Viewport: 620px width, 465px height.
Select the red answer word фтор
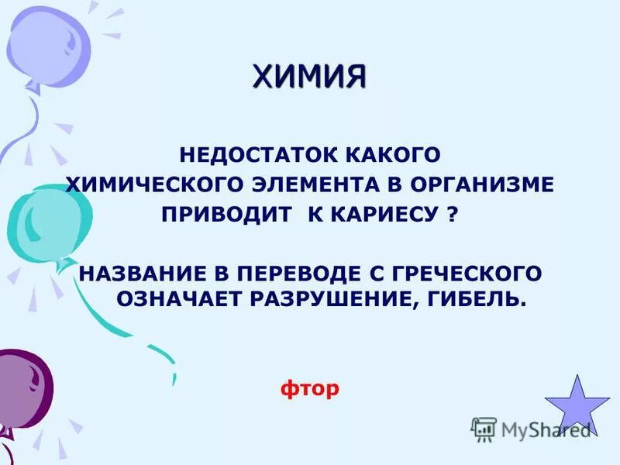click(309, 387)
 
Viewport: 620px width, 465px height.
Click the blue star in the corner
click(577, 405)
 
